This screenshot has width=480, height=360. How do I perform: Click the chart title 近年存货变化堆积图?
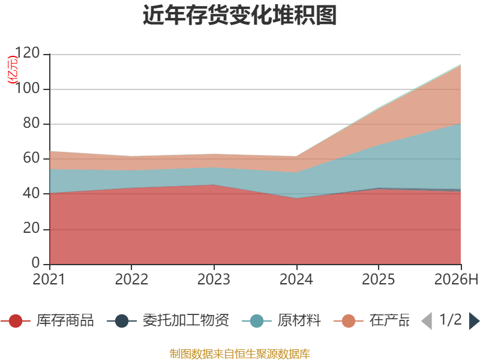pyautogui.click(x=239, y=15)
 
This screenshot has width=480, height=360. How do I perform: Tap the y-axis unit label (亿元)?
pyautogui.click(x=13, y=70)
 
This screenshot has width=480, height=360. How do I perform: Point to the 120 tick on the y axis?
pyautogui.click(x=28, y=53)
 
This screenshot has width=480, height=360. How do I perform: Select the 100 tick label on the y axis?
pyautogui.click(x=28, y=88)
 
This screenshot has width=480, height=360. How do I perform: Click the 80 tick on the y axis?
pyautogui.click(x=32, y=124)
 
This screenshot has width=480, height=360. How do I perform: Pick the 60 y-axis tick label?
pyautogui.click(x=32, y=158)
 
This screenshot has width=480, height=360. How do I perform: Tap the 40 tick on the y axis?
pyautogui.click(x=32, y=193)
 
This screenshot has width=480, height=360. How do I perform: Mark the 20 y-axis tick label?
pyautogui.click(x=32, y=229)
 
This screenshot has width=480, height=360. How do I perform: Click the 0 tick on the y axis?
pyautogui.click(x=36, y=263)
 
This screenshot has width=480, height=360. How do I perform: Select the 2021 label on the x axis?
pyautogui.click(x=49, y=280)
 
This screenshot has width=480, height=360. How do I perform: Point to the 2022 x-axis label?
pyautogui.click(x=131, y=280)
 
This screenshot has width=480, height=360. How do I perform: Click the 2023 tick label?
pyautogui.click(x=214, y=280)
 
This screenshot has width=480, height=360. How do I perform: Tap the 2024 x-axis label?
pyautogui.click(x=296, y=280)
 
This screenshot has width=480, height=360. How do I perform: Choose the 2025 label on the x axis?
pyautogui.click(x=379, y=280)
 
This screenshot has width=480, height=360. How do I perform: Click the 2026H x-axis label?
pyautogui.click(x=456, y=280)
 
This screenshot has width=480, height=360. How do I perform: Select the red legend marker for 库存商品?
pyautogui.click(x=16, y=321)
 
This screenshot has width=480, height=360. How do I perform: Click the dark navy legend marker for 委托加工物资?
pyautogui.click(x=122, y=321)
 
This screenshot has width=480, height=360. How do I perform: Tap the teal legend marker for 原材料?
pyautogui.click(x=257, y=321)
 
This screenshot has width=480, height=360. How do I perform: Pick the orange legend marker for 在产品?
pyautogui.click(x=349, y=321)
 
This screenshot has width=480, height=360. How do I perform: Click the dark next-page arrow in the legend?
pyautogui.click(x=474, y=321)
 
